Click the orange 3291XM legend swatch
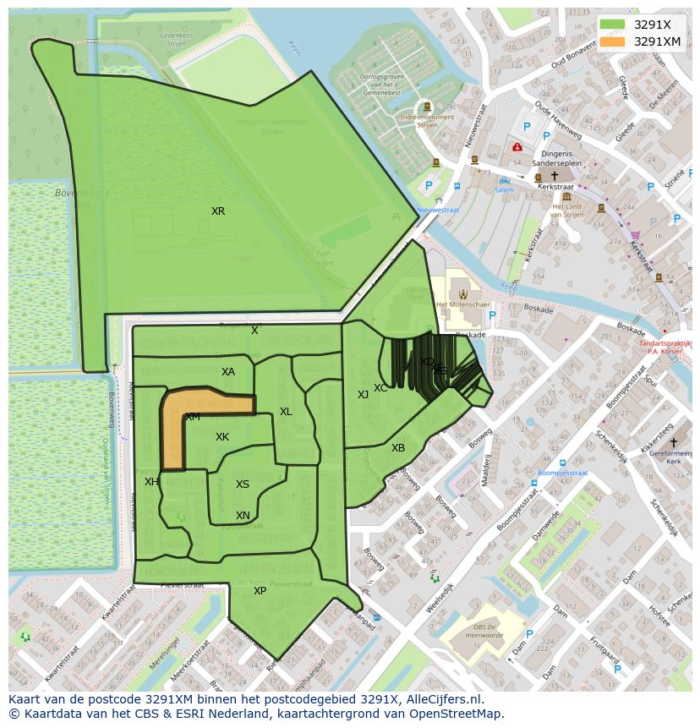tap(612, 41)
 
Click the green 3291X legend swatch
tap(612, 25)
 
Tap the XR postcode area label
tap(218, 211)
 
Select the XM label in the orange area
tap(193, 417)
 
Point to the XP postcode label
tap(260, 591)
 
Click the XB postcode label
tap(398, 448)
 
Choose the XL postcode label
tap(286, 412)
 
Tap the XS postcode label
tap(243, 484)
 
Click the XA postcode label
tap(228, 372)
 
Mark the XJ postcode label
tap(363, 395)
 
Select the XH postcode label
tap(151, 482)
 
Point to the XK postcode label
tap(222, 437)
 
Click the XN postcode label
tap(243, 516)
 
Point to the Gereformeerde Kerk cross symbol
tap(674, 442)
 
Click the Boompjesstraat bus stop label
tap(562, 473)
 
